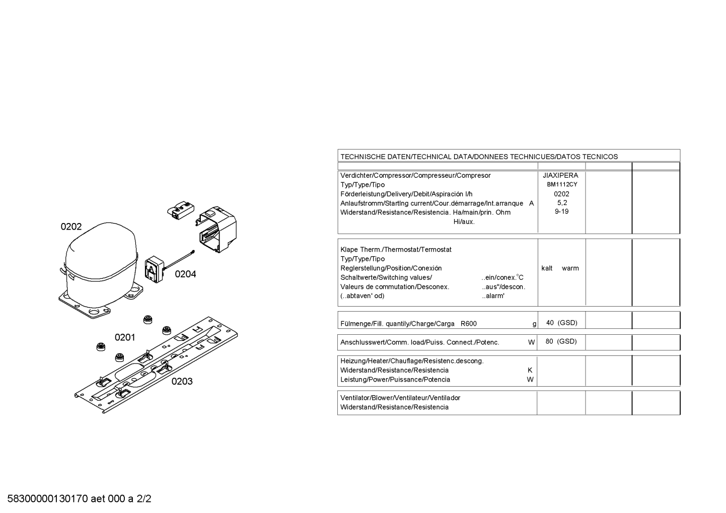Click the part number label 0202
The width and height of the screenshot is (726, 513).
click(71, 227)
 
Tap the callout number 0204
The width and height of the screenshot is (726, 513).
click(185, 274)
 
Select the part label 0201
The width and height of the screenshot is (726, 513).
click(125, 338)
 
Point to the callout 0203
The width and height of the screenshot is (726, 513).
click(182, 382)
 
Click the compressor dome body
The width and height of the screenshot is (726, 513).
click(101, 259)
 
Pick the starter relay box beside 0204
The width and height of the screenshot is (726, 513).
click(155, 269)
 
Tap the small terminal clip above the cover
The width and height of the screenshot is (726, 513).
click(181, 209)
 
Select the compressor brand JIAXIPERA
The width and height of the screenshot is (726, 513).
click(560, 175)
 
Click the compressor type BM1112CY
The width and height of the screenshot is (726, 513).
click(562, 184)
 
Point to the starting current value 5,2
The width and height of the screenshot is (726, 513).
click(562, 203)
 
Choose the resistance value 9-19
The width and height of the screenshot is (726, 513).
click(562, 211)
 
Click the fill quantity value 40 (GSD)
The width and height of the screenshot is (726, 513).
click(562, 323)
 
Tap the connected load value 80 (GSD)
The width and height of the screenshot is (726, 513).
click(561, 341)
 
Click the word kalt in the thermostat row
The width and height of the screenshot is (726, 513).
click(547, 268)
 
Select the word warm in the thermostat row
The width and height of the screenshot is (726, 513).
click(570, 268)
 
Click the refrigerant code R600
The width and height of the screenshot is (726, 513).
click(469, 324)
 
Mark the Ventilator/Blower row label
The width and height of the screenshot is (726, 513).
click(400, 398)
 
